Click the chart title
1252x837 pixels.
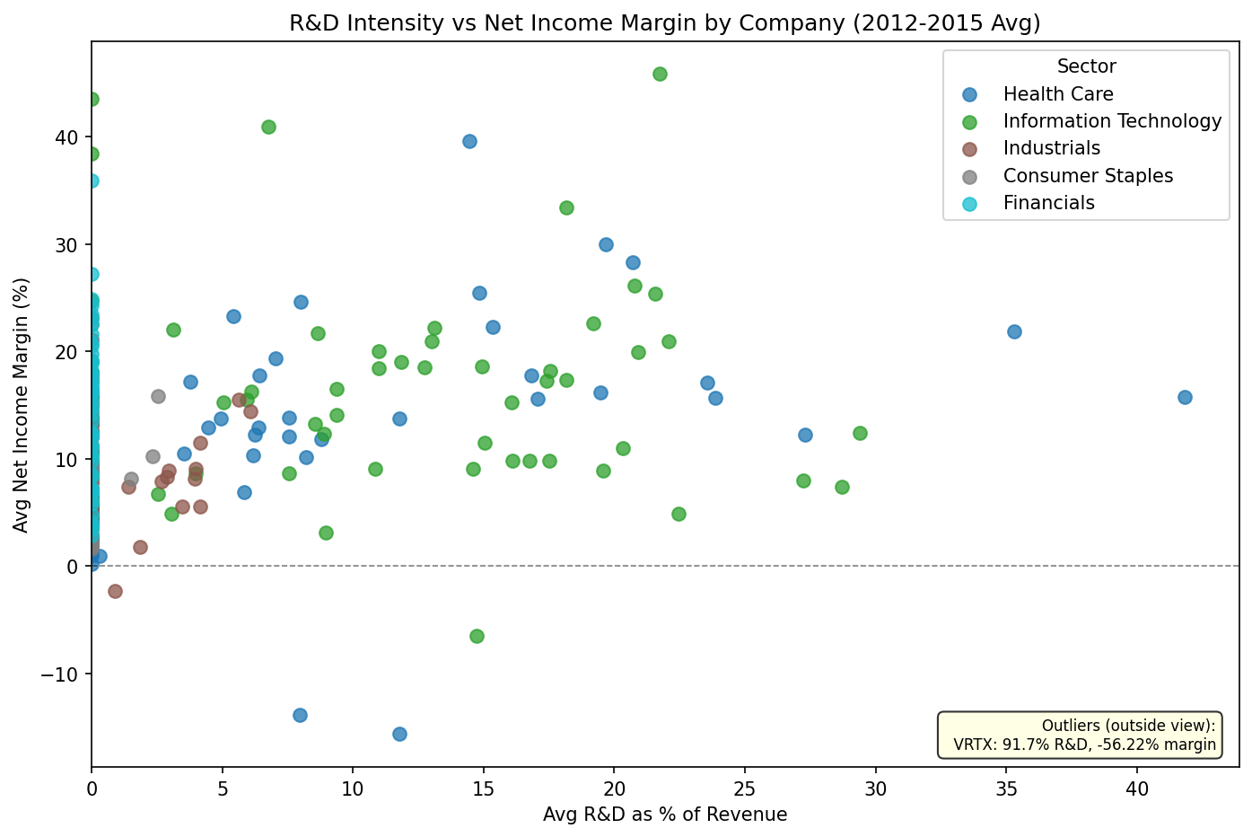pos(664,23)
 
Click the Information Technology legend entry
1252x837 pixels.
pos(1112,121)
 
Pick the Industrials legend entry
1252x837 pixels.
pos(1051,148)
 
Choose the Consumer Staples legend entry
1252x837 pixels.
pos(1088,176)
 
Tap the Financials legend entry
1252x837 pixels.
pos(1048,203)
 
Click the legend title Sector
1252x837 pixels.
pos(1086,66)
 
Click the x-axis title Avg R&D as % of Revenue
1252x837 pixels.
pos(664,815)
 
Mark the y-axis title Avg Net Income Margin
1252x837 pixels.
pos(22,404)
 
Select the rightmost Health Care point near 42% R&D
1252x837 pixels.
pos(1185,397)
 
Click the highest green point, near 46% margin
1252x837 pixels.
pos(660,74)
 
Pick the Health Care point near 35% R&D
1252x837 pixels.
pos(1014,331)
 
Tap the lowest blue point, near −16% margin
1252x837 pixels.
pos(399,734)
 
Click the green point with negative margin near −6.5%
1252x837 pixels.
pos(477,636)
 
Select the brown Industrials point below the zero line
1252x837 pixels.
pos(115,591)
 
